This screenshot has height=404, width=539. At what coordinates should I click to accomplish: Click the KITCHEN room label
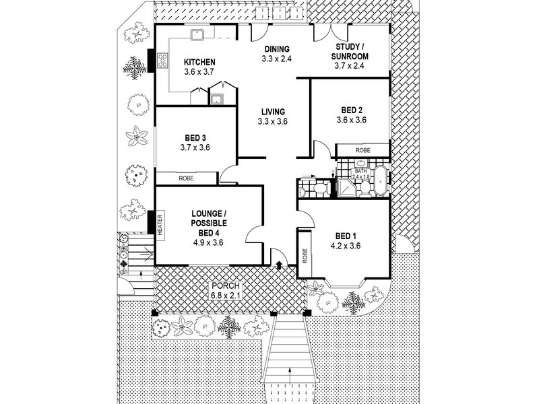point(199,62)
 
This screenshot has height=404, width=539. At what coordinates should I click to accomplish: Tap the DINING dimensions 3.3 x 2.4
point(276,59)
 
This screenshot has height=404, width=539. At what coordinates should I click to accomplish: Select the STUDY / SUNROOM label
point(352,52)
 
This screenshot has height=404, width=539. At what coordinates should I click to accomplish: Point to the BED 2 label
point(352,110)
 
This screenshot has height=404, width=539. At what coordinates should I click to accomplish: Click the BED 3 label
point(195,138)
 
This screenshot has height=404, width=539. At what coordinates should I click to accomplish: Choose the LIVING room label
point(273,112)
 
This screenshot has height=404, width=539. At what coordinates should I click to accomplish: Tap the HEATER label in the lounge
point(160,225)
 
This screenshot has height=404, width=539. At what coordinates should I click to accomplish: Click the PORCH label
point(226,285)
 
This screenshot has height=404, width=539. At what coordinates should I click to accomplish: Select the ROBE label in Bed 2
point(363,150)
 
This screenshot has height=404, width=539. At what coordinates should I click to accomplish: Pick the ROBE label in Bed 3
point(187,178)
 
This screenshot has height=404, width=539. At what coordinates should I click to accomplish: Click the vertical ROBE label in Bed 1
point(305,256)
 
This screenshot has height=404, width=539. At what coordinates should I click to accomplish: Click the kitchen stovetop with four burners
point(162,60)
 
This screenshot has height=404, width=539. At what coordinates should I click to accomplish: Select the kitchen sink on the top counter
point(197,34)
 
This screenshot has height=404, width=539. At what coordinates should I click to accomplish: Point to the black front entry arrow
point(280,263)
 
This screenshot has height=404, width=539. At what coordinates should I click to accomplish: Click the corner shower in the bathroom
point(348,187)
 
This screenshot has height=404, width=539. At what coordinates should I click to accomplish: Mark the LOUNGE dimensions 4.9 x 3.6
point(208,242)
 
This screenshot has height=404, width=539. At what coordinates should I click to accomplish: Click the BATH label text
point(360,171)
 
